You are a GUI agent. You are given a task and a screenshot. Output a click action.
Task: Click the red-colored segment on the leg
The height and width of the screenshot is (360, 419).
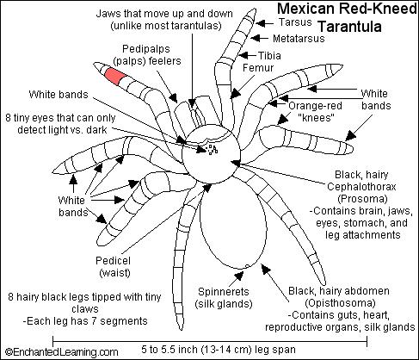[x=114, y=77]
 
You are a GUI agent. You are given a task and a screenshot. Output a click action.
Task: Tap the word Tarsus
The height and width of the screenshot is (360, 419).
[x=295, y=22]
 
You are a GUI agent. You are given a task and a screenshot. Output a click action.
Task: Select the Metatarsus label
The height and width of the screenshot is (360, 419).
[x=299, y=39]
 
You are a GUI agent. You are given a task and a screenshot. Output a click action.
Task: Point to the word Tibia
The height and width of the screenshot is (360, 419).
[x=269, y=55]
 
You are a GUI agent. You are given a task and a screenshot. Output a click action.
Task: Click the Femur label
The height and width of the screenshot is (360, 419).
[x=258, y=68]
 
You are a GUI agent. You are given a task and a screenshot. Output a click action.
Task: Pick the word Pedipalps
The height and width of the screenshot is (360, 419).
[x=146, y=49]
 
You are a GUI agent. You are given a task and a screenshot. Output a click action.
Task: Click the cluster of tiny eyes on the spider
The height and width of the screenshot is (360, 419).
[x=213, y=150]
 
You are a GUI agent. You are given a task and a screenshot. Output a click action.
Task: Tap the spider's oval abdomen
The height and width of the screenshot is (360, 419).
[x=233, y=222]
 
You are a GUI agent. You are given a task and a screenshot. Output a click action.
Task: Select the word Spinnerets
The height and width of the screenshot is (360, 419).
[x=224, y=292]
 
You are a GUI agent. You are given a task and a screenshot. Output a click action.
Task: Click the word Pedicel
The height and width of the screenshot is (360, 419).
[x=113, y=261]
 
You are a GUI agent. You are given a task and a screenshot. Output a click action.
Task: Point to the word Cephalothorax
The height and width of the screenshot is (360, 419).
[x=361, y=187]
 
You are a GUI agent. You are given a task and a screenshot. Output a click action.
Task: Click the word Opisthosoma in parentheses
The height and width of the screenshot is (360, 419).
[x=340, y=303]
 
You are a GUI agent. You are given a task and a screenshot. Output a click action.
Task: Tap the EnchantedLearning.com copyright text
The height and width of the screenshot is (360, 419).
[x=62, y=351]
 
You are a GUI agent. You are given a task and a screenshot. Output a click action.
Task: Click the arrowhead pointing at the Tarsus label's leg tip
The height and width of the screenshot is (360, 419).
[x=261, y=23]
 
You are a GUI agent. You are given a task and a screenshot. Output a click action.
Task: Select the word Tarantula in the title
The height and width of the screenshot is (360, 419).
[x=350, y=27]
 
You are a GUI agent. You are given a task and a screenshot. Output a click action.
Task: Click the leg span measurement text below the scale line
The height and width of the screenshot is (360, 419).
[x=219, y=350]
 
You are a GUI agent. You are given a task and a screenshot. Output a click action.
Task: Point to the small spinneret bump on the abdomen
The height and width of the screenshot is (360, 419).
[x=247, y=266]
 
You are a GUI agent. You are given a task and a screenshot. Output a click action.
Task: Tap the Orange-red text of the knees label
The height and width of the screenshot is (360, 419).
[x=315, y=106]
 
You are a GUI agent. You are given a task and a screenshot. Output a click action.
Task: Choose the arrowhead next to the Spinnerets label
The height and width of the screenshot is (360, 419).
[x=239, y=276]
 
